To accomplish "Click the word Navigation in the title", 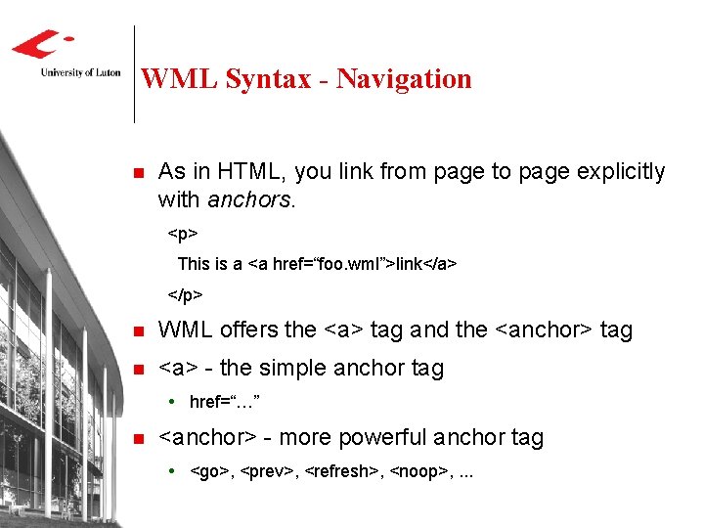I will [404, 79].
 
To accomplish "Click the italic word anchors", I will [250, 200].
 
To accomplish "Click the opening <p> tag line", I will [183, 235].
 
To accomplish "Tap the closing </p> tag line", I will [185, 293].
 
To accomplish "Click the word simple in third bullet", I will [289, 369].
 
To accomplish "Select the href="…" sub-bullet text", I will [224, 402].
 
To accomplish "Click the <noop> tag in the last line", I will [417, 471].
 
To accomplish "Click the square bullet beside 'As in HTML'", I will [138, 173].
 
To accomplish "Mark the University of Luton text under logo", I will [80, 71].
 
